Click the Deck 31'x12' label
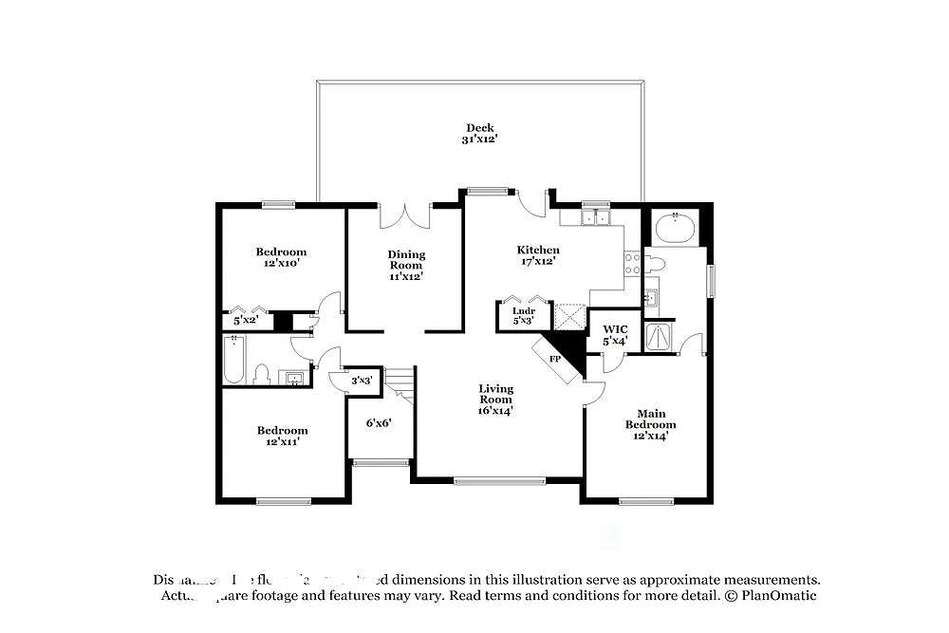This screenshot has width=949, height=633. click(x=480, y=134)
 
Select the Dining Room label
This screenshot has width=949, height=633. click(x=406, y=265)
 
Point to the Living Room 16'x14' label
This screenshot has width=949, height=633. click(x=495, y=400)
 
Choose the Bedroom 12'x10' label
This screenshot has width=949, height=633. click(x=281, y=257)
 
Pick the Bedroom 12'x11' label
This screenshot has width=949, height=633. click(x=282, y=436)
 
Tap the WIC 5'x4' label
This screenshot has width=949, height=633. click(x=615, y=334)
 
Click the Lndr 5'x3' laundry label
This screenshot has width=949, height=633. click(x=524, y=316)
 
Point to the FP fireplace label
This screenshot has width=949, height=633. click(x=556, y=360)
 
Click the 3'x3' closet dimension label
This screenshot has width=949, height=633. click(x=362, y=381)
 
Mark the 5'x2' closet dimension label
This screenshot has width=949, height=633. click(x=245, y=321)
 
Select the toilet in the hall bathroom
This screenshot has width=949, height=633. click(x=263, y=375)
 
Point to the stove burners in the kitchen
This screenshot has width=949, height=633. click(x=632, y=263)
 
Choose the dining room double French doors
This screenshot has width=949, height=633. click(x=406, y=215)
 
